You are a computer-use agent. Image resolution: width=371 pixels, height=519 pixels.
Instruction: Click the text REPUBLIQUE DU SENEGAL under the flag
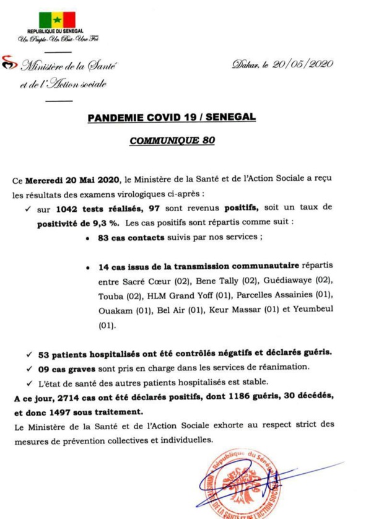coord(59,31)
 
